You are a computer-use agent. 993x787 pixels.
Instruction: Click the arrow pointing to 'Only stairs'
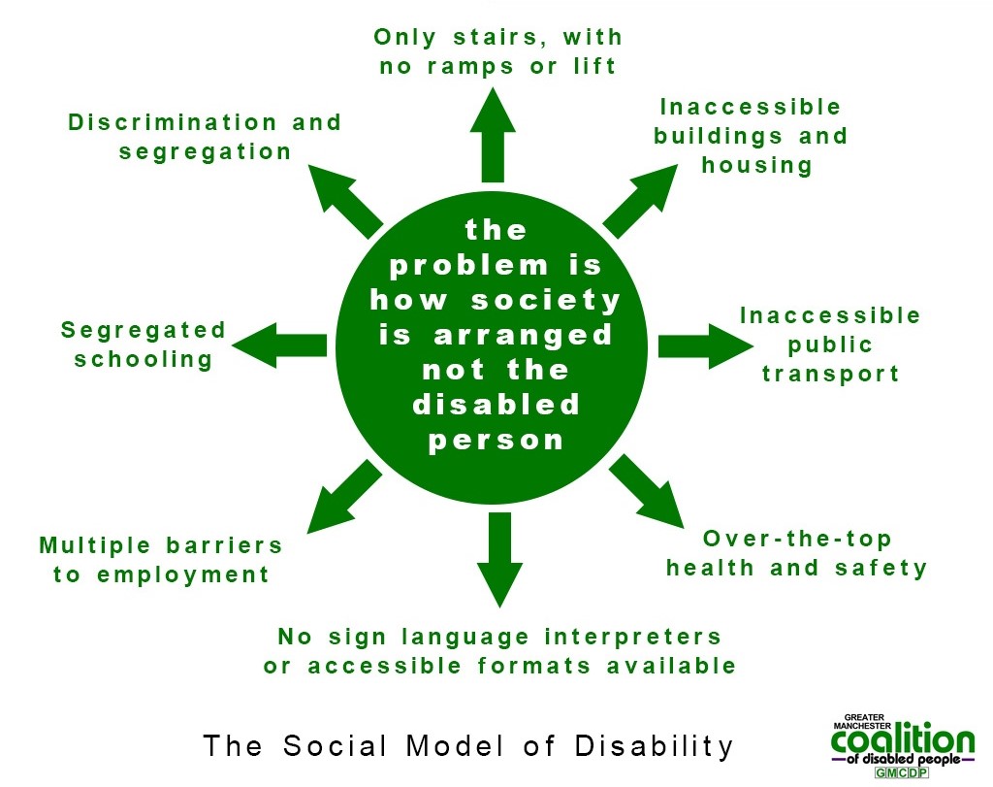tap(493, 135)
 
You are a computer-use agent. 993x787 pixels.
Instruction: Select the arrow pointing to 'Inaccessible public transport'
tap(706, 346)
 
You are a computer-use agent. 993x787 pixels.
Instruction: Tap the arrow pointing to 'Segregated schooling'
tap(279, 345)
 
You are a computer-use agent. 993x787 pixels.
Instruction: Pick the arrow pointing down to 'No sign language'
tap(499, 560)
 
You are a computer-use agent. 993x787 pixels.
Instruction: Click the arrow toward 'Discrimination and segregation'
tap(345, 201)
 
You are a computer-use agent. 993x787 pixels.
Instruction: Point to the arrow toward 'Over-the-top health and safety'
tap(647, 491)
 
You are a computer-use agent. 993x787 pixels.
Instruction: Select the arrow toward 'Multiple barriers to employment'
tap(344, 496)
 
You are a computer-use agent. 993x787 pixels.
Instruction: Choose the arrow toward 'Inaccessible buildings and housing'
tap(640, 201)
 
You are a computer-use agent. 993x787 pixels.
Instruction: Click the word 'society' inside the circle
tap(545, 300)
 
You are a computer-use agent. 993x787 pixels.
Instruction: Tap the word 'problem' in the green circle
tap(468, 266)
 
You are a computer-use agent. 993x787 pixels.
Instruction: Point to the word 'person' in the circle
tap(496, 441)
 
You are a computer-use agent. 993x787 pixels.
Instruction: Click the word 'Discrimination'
tap(173, 121)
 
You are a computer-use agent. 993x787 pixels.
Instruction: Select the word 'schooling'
tap(144, 359)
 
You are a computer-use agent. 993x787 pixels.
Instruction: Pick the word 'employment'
tap(183, 574)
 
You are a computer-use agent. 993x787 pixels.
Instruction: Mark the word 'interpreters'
tap(632, 637)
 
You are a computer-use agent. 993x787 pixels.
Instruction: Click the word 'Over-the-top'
tap(797, 539)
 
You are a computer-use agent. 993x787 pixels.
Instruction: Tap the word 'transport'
tap(830, 374)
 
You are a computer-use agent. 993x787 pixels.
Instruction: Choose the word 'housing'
tap(756, 165)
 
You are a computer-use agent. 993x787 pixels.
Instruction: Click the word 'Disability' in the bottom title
tap(655, 746)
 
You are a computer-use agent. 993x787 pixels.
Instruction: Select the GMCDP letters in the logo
tap(901, 772)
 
